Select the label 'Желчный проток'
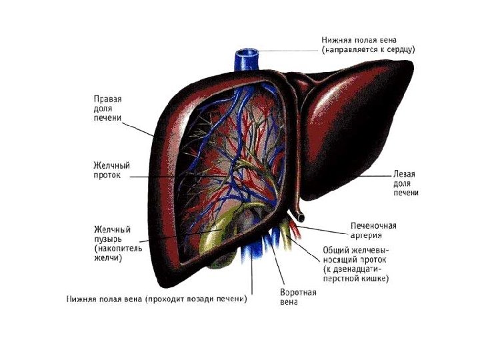point(111,170)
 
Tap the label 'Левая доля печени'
point(405,183)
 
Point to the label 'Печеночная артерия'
point(373,230)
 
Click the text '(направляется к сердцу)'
point(369,50)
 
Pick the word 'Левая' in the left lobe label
point(403,174)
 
